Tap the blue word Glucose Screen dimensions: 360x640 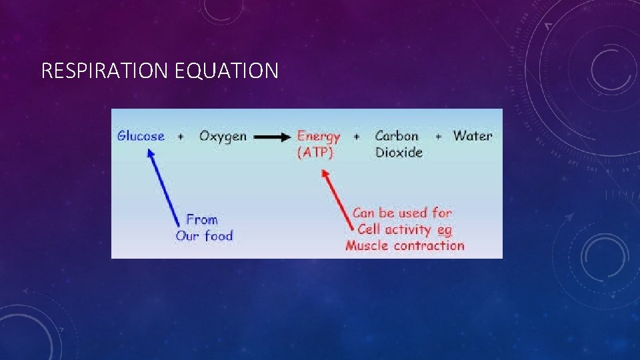pos(141,136)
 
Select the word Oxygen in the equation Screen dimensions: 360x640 pos(223,137)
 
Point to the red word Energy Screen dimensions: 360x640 pos(319,137)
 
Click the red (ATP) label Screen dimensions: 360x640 pos(315,153)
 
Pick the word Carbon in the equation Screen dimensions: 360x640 pos(397,136)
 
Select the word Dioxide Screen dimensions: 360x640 pos(399,153)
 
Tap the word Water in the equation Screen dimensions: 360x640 pos(473,136)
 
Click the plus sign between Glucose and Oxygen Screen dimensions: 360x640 pos(181,137)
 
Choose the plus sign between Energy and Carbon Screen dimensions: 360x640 pos(357,137)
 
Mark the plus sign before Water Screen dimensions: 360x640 pos(438,137)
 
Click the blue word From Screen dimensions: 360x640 pos(202,219)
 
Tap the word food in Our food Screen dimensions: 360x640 pos(219,236)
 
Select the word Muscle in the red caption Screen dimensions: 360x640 pos(367,246)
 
